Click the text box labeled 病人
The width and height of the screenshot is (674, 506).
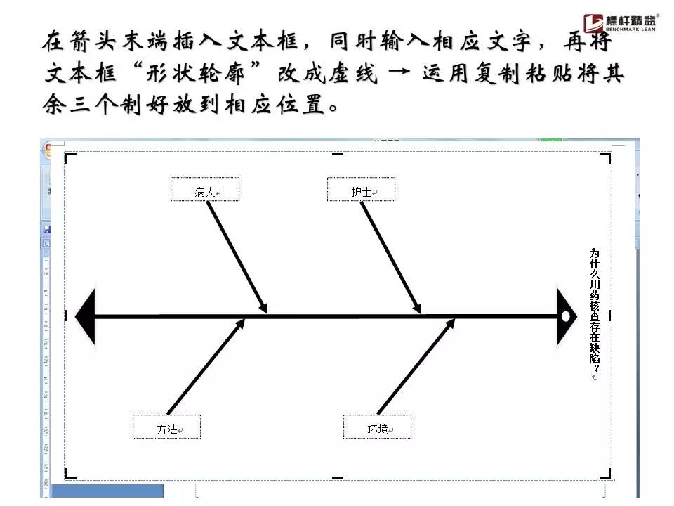(205, 190)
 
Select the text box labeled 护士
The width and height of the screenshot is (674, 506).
(362, 190)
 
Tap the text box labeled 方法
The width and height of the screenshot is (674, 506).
(167, 427)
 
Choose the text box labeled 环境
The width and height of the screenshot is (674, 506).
(377, 427)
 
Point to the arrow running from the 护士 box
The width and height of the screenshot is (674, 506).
(390, 257)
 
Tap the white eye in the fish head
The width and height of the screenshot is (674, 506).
(566, 317)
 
